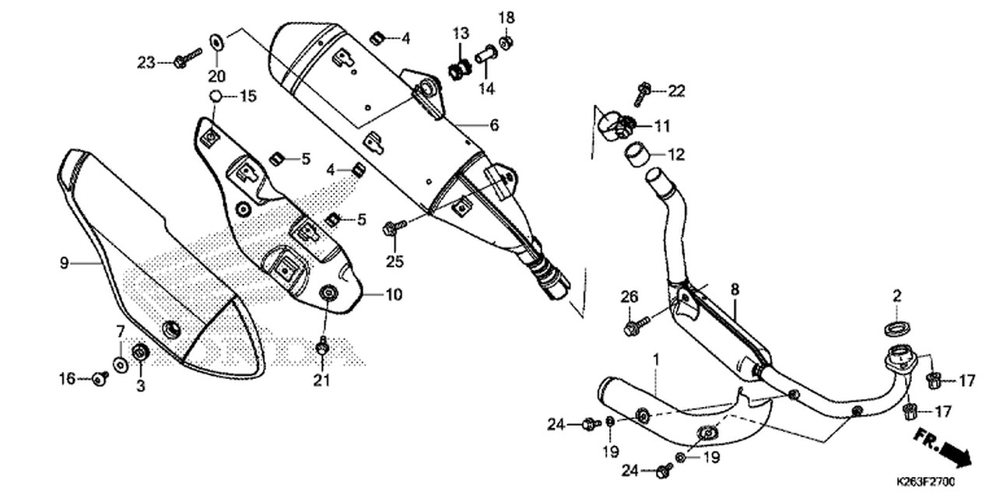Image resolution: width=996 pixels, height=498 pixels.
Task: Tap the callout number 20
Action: [216, 75]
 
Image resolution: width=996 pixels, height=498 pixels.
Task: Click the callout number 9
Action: [64, 264]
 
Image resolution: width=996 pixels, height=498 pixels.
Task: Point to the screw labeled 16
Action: [100, 378]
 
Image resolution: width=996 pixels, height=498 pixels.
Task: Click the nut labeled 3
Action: [141, 352]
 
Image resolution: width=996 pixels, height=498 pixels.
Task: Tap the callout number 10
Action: [395, 295]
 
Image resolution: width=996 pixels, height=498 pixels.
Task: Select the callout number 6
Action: [494, 125]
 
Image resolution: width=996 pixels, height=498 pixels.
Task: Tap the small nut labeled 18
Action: [505, 41]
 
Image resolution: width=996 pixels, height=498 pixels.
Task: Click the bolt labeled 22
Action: [643, 93]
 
